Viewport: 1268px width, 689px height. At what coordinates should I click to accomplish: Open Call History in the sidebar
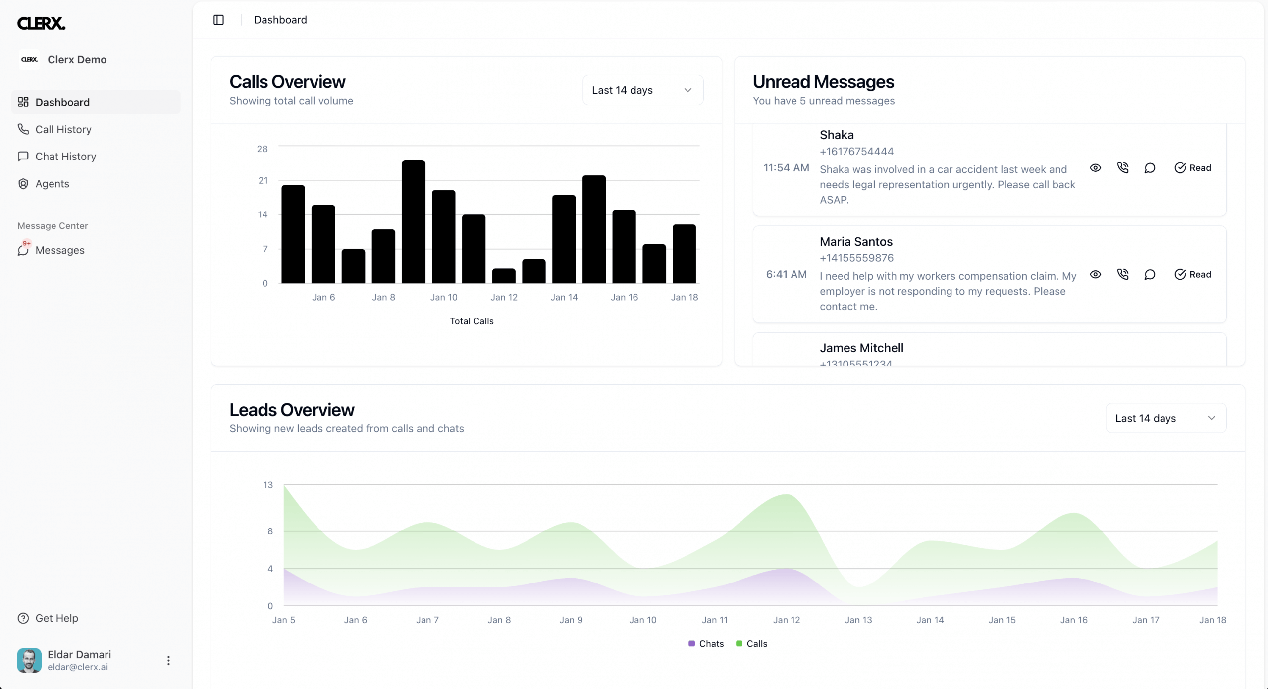click(x=54, y=129)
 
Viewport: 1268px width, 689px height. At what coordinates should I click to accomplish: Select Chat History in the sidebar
click(x=57, y=157)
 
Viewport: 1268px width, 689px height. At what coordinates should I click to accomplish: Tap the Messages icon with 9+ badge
click(x=23, y=249)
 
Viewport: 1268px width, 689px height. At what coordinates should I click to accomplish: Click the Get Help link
click(x=48, y=618)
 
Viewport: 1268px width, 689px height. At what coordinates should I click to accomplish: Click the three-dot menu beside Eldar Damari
click(x=168, y=660)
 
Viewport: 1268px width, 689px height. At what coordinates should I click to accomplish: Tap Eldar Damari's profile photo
click(x=29, y=660)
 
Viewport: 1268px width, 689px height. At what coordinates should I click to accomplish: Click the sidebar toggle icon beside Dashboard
click(x=218, y=20)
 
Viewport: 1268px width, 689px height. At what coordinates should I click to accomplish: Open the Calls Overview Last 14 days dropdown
click(x=643, y=90)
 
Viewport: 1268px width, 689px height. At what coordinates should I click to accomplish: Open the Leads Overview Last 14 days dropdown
click(x=1166, y=418)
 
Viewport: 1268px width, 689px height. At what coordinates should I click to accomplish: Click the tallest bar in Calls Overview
click(x=414, y=222)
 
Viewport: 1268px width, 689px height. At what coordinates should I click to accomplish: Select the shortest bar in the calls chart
click(x=504, y=276)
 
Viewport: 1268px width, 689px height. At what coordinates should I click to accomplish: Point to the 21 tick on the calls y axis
click(x=263, y=181)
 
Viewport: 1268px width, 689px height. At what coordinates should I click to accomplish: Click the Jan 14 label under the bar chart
click(x=564, y=297)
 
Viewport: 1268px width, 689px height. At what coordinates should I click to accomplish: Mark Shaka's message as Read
click(x=1193, y=168)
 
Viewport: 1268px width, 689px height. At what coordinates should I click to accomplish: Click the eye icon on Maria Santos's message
click(x=1096, y=274)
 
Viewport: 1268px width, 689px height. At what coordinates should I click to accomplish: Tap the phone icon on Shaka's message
click(x=1123, y=168)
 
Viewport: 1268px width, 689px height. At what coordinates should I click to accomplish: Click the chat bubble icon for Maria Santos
click(x=1150, y=274)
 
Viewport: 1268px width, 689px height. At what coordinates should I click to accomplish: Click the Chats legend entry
click(x=706, y=644)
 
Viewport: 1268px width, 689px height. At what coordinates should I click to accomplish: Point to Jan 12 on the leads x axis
click(x=787, y=620)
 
